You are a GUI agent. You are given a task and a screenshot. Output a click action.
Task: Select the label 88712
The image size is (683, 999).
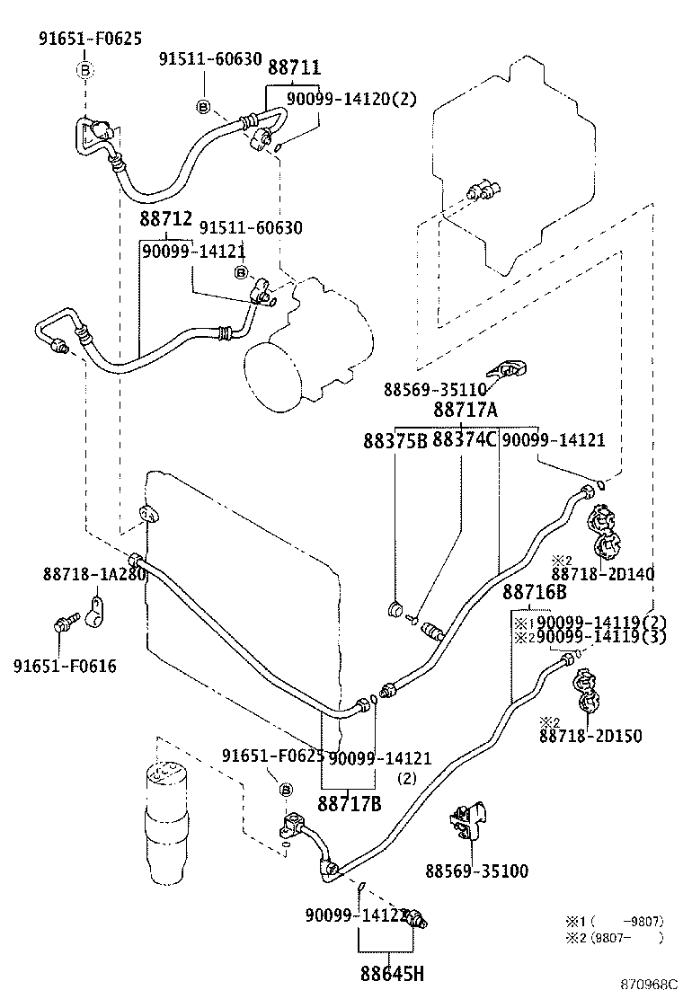164,220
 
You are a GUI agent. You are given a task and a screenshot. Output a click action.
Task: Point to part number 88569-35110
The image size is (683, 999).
434,390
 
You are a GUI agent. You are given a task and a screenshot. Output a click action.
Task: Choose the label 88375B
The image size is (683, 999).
395,441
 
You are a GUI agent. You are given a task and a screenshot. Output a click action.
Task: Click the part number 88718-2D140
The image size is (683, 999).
602,574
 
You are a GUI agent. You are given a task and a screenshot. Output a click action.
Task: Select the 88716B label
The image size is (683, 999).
534,593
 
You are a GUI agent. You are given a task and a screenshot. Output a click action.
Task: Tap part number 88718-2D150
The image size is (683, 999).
590,736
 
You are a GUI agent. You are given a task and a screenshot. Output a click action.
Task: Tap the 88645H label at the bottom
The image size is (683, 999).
392,973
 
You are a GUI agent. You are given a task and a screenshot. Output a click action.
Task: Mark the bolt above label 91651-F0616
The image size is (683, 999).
65,621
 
